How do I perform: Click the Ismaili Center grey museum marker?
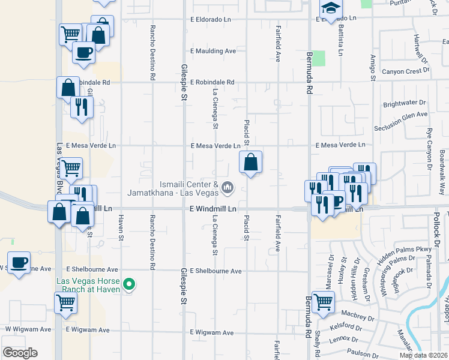point(227,188)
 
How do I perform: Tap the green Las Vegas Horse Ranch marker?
point(127,284)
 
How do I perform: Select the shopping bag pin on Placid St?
point(250,162)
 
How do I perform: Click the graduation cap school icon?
point(330,8)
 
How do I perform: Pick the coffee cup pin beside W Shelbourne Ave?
point(20,263)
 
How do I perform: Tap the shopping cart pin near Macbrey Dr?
point(323,302)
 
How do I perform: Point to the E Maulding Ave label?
point(213,52)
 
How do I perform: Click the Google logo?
point(20,353)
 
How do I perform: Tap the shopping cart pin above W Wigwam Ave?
point(65,302)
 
